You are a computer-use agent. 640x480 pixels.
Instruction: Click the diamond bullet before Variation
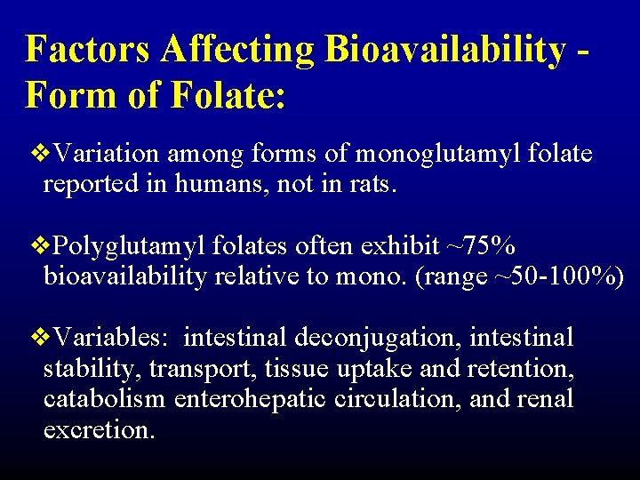coord(36,154)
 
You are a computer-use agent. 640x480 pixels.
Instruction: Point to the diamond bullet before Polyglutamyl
coord(36,245)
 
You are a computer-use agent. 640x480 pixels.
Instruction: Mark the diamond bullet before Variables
coord(36,338)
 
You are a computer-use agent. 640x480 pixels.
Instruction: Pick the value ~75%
coord(479,246)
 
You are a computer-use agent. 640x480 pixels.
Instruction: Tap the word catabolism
coord(104,399)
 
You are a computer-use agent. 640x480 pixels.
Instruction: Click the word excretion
coord(98,430)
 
